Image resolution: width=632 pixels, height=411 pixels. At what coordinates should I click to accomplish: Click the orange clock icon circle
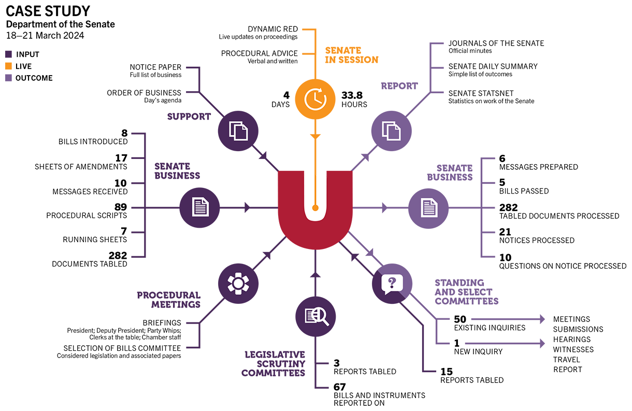(315, 99)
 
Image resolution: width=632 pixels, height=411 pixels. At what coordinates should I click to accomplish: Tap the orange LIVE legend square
(8, 66)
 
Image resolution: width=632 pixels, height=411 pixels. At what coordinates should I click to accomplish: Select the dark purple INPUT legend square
(8, 54)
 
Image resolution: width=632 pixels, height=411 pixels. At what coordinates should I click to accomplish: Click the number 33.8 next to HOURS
(352, 95)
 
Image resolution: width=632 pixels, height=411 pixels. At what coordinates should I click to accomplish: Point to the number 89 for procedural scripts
(121, 207)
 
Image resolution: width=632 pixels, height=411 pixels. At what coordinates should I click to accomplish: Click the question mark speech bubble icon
(392, 284)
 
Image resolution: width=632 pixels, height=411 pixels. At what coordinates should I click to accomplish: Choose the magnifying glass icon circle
(315, 317)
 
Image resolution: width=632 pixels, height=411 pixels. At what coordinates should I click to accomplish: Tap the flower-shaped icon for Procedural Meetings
(238, 283)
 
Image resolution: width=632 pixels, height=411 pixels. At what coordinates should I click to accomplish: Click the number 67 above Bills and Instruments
(339, 387)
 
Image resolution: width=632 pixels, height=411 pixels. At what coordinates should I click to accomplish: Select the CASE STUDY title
(48, 11)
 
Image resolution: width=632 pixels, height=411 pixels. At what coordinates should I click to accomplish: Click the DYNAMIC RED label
(272, 29)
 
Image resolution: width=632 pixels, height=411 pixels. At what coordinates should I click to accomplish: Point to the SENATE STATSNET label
(481, 93)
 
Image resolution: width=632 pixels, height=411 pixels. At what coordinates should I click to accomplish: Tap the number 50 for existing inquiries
(460, 319)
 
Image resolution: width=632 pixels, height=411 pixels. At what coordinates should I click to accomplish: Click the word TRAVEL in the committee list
(566, 360)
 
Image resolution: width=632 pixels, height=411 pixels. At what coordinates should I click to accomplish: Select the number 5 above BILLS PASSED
(502, 182)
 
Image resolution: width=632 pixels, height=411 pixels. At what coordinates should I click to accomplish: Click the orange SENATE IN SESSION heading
(352, 55)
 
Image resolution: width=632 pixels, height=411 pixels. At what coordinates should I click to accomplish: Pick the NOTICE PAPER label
(155, 67)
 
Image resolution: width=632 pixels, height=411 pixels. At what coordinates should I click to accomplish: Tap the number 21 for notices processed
(505, 232)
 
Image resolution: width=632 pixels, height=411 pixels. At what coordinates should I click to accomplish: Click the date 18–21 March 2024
(45, 36)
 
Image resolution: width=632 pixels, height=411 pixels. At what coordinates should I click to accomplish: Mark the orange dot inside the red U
(315, 208)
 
